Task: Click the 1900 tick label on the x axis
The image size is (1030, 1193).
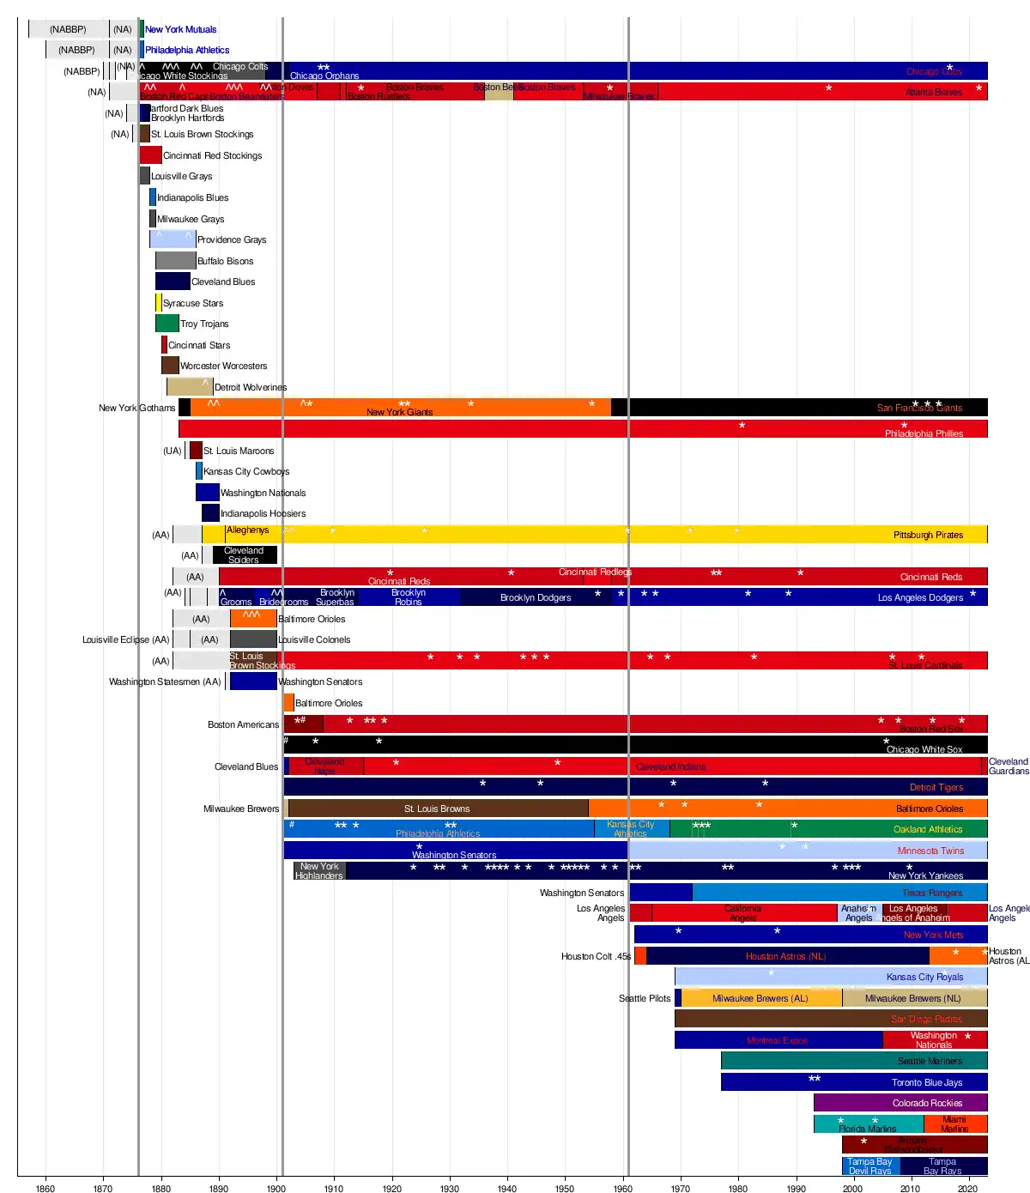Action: [x=276, y=1188]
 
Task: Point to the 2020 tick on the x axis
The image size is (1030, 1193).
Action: [x=967, y=1188]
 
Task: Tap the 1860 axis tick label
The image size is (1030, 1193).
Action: [x=45, y=1188]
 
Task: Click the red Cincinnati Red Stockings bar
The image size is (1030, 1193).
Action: [x=150, y=155]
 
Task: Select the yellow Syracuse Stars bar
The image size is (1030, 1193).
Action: [x=158, y=303]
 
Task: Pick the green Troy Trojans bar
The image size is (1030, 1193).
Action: [x=167, y=324]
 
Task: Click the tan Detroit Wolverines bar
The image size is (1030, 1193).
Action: [x=190, y=387]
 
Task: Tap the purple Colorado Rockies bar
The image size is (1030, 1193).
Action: [x=900, y=1103]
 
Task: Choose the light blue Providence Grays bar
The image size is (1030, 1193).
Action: [x=173, y=239]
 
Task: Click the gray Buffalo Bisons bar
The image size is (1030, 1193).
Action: [x=175, y=261]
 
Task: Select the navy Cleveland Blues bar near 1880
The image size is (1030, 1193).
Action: [x=173, y=282]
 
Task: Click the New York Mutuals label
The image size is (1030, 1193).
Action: [x=180, y=29]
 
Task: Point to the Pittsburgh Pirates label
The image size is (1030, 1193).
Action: [x=928, y=535]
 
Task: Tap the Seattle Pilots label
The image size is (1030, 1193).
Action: [x=645, y=998]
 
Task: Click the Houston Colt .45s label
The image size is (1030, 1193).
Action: [x=596, y=956]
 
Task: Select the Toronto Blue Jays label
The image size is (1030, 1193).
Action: [x=926, y=1082]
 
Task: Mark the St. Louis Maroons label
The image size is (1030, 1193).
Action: [x=239, y=451]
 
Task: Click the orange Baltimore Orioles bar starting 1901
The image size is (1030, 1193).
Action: [x=288, y=703]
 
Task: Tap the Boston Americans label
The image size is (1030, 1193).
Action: [x=243, y=724]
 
